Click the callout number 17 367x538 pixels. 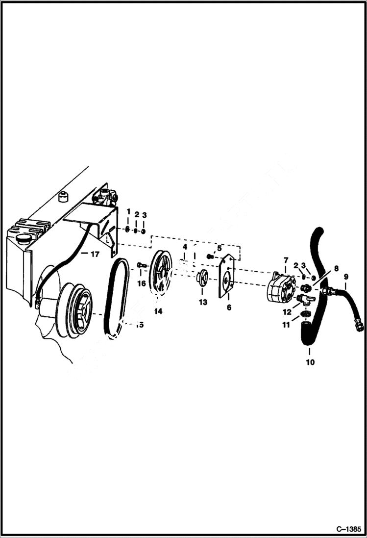point(94,254)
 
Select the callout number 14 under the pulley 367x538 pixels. point(158,311)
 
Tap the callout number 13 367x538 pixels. point(203,303)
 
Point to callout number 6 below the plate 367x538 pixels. point(228,307)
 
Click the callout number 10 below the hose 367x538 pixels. point(310,362)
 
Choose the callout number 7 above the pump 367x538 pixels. point(286,259)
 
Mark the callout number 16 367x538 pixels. point(141,283)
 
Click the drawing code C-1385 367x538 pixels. point(348,529)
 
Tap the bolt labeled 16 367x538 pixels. point(142,266)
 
